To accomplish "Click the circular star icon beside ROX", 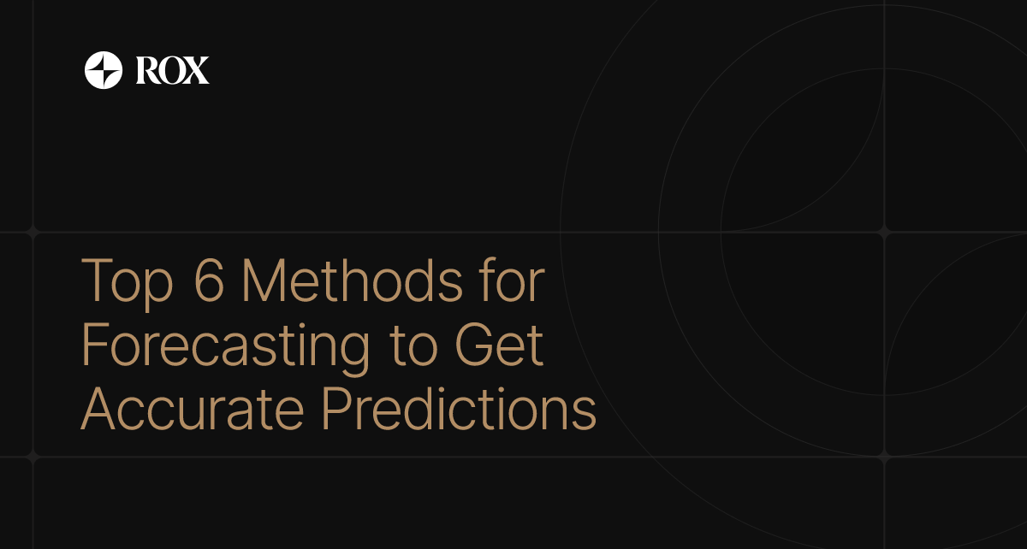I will click(104, 70).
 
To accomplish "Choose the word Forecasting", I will click(226, 347).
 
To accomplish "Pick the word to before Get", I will click(412, 347).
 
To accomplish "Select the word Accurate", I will click(193, 410).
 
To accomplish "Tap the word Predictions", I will click(459, 410).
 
